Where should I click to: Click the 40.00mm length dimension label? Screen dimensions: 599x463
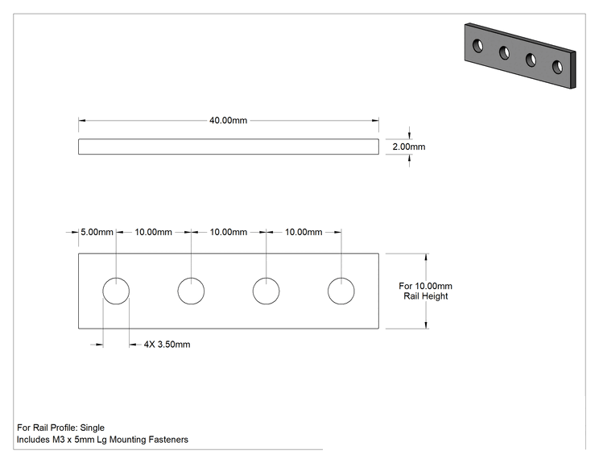coord(228,120)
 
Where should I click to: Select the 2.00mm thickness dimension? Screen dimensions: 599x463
coord(409,147)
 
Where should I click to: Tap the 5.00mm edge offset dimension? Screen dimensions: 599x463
coord(97,232)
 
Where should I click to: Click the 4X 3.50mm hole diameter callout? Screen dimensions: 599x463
coord(167,345)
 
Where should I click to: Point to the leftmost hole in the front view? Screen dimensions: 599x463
coord(116,278)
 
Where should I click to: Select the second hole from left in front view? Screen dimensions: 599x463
coord(191,278)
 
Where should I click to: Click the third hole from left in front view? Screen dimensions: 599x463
coord(266,278)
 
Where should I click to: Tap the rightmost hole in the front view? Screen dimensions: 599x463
coord(341,278)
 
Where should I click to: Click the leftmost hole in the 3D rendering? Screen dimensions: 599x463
coord(477,45)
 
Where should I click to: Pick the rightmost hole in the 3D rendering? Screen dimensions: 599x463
coord(557,67)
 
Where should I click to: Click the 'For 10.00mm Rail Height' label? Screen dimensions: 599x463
coord(426,291)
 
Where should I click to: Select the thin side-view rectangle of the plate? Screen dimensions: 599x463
coord(229,139)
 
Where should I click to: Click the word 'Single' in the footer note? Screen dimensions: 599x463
coord(92,428)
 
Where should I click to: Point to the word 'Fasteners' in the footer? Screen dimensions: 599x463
coord(168,440)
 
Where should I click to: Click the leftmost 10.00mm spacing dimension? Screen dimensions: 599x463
coord(153,232)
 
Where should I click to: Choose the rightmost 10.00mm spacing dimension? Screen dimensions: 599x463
coord(304,232)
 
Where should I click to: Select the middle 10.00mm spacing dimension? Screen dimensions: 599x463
coord(229,232)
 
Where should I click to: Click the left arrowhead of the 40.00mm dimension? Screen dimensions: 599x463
coord(82,120)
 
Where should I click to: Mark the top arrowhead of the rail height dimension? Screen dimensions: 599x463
coord(426,257)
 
